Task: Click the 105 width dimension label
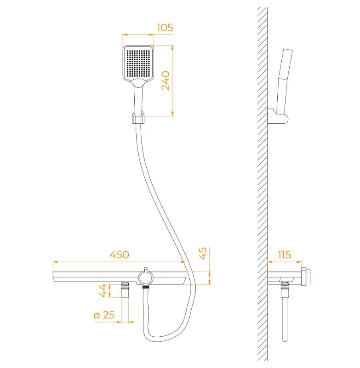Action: coord(165,28)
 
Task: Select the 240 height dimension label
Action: coord(166,80)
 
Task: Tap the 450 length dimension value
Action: coord(120,255)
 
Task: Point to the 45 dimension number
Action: coord(203,253)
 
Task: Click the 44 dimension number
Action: coord(103,291)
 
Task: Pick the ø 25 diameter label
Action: coord(104,315)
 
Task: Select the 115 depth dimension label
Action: coord(284,255)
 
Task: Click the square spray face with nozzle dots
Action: coord(138,63)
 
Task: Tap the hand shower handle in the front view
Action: coord(138,98)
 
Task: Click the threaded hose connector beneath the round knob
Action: coord(146,287)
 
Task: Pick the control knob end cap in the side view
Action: coord(306,276)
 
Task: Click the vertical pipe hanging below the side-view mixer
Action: coord(285,319)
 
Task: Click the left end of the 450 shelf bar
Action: coord(53,276)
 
